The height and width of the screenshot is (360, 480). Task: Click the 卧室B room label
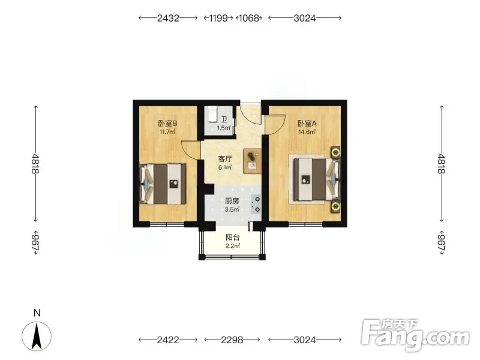(167, 124)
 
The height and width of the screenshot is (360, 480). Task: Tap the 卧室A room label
(307, 124)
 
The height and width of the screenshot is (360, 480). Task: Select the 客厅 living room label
(225, 159)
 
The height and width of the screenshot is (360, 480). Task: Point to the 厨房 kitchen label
(232, 201)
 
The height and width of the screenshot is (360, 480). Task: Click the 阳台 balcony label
(233, 237)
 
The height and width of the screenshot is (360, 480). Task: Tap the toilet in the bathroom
(212, 114)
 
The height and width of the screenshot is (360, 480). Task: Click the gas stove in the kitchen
(256, 204)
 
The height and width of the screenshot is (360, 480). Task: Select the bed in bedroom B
(163, 184)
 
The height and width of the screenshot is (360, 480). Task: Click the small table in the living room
(252, 161)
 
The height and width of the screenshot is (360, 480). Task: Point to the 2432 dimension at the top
(168, 18)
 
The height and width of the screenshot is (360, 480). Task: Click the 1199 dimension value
(218, 18)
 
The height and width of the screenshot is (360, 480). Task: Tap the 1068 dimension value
(248, 18)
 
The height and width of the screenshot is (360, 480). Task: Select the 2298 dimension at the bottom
(232, 340)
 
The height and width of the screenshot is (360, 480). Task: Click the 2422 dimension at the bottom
(168, 340)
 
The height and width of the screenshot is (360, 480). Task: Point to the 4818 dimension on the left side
(35, 163)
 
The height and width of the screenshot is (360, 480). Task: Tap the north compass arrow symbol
(37, 337)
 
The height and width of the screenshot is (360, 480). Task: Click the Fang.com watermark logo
(415, 335)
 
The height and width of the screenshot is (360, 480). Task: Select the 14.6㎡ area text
(307, 132)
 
